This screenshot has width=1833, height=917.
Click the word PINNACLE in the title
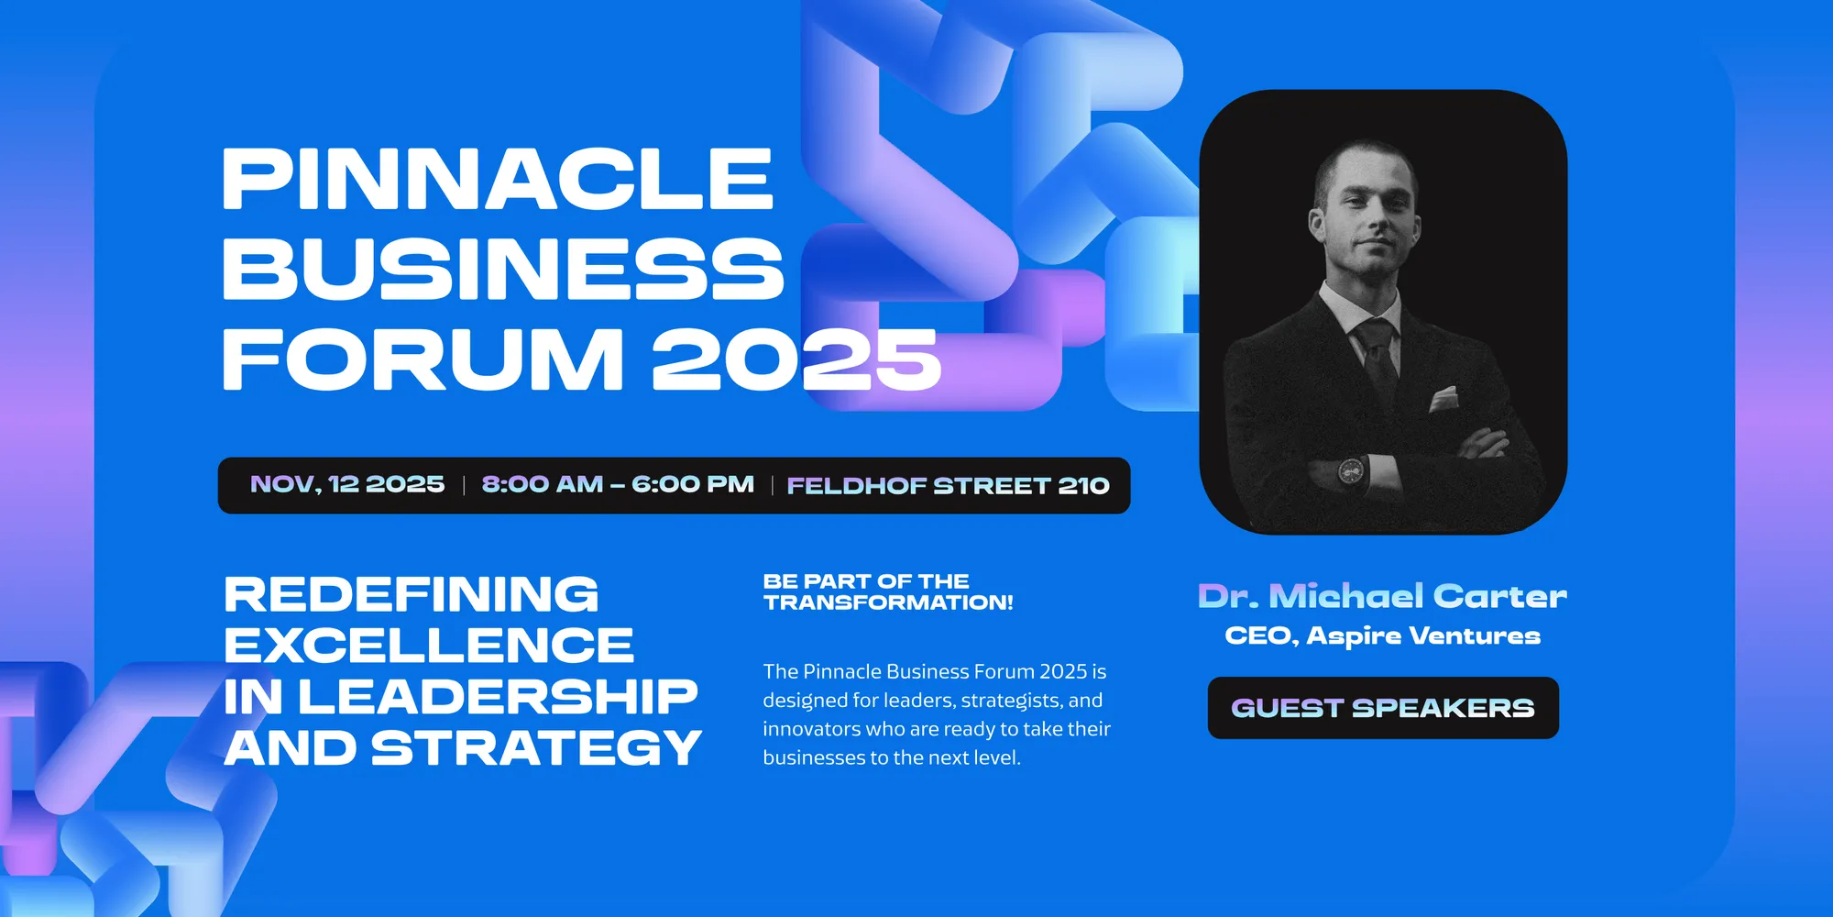tap(498, 179)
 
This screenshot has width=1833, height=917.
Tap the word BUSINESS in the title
tap(503, 268)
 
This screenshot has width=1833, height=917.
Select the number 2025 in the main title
tap(796, 358)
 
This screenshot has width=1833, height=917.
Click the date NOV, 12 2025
tap(347, 484)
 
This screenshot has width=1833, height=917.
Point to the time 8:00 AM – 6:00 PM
tap(618, 484)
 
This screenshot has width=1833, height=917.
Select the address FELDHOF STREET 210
tap(948, 485)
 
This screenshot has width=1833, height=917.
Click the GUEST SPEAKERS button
tap(1383, 708)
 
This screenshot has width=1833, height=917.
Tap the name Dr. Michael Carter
tap(1382, 596)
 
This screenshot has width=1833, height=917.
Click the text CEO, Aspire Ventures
tap(1382, 635)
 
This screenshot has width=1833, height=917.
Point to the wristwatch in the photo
tap(1350, 470)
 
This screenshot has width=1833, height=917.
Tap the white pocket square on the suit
tap(1443, 399)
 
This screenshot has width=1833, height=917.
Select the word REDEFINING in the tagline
tap(412, 594)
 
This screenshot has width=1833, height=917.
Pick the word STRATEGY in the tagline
tap(536, 748)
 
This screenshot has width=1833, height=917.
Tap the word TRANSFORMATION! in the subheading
tap(888, 602)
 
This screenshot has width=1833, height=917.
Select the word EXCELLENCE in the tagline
tap(429, 646)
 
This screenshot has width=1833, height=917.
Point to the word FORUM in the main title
tap(423, 358)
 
